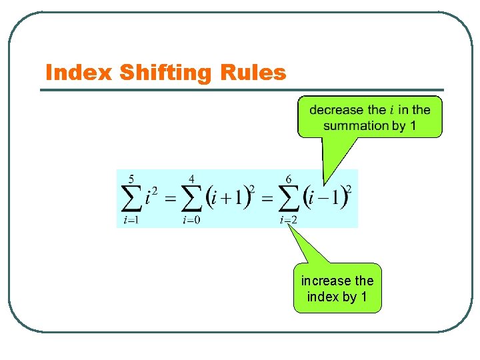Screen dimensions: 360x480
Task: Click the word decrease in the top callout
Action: click(x=337, y=110)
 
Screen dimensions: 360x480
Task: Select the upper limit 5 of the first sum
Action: click(x=131, y=179)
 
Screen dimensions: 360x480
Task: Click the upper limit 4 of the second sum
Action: click(x=192, y=179)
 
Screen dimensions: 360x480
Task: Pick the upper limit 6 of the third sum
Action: click(x=289, y=179)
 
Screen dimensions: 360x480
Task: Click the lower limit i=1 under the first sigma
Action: click(x=131, y=221)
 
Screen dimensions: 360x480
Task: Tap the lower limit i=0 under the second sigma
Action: click(x=192, y=221)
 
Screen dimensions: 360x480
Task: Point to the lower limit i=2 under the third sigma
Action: click(x=289, y=221)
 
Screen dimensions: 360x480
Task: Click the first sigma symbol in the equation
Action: click(x=132, y=199)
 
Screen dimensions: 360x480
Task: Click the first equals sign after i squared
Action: click(x=170, y=199)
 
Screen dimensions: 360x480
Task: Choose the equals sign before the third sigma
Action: click(x=266, y=199)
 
